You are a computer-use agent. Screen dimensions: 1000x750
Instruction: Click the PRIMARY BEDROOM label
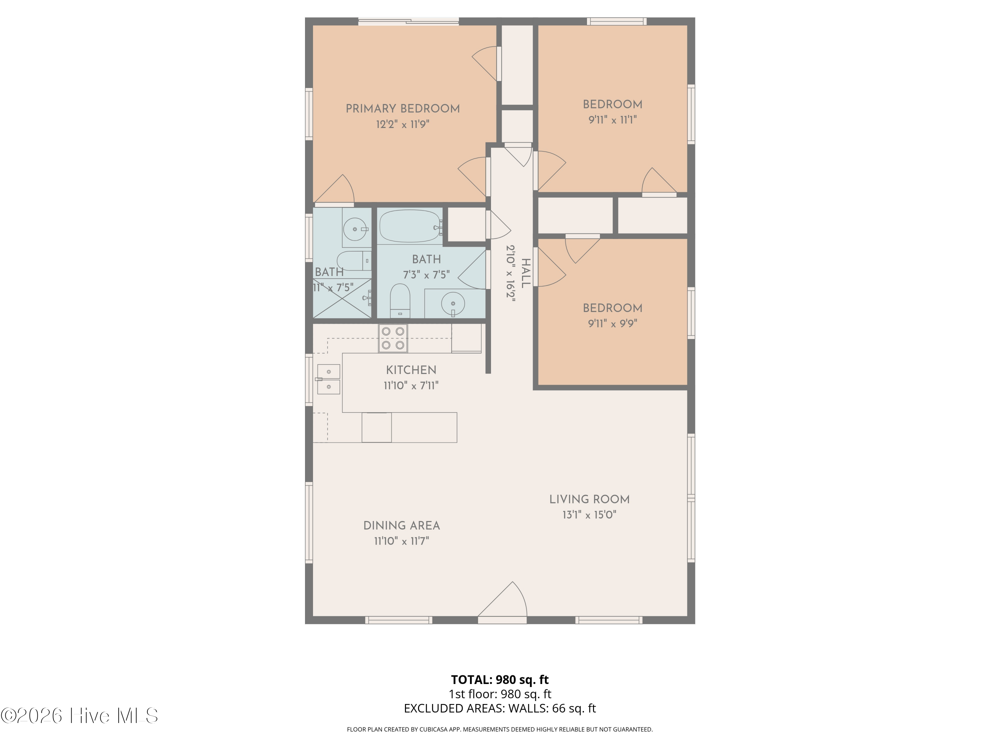402,108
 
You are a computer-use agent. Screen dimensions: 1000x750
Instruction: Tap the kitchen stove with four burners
393,338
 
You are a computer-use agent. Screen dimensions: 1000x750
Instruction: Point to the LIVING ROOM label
589,499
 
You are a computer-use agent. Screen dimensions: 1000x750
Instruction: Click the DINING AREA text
401,525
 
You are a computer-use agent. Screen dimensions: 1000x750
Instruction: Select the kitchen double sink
329,379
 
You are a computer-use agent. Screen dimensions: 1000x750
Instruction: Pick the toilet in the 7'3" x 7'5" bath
400,301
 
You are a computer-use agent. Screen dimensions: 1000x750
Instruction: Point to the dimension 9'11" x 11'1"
613,120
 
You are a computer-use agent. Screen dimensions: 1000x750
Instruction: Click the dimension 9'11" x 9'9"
613,323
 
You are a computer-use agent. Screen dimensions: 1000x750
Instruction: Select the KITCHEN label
411,370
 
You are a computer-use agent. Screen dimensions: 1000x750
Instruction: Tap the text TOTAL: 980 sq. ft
500,679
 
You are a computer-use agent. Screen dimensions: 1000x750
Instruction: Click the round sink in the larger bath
453,303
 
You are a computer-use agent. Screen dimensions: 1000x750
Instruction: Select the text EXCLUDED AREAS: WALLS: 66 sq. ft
500,708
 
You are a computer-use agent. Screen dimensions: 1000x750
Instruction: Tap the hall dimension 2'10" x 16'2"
510,273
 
